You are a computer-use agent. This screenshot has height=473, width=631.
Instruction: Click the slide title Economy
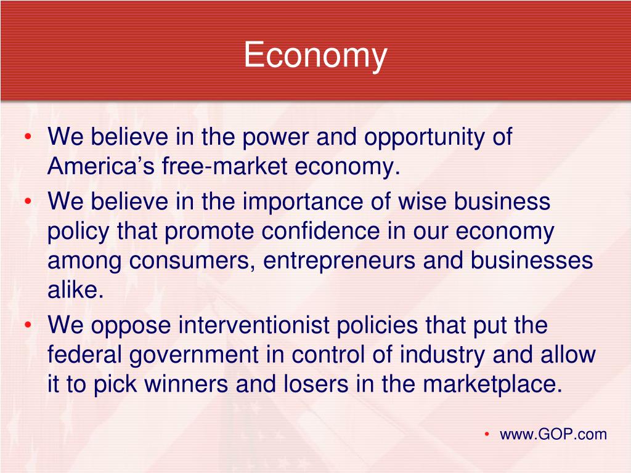(315, 55)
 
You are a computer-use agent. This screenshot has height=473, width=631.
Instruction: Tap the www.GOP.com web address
(553, 434)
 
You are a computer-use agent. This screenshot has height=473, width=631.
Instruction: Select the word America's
(100, 166)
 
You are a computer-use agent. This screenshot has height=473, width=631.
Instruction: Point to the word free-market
(225, 166)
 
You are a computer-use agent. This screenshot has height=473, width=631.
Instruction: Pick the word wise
(422, 201)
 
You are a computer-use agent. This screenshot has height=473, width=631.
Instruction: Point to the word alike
(76, 289)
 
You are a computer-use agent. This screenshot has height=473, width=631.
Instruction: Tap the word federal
(84, 354)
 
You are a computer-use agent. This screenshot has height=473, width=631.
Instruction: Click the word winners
(186, 384)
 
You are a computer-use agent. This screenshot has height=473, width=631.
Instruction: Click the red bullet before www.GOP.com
(487, 434)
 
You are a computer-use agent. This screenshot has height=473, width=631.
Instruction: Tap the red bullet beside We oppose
(28, 325)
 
